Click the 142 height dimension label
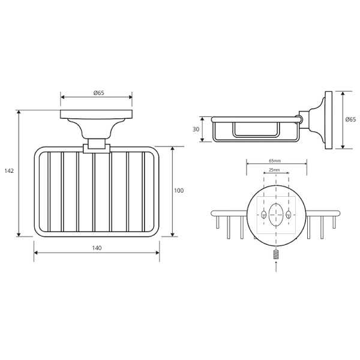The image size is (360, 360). point(9,171)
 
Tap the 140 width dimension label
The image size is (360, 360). point(97,248)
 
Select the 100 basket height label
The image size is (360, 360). point(179,190)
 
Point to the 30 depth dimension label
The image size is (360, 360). point(196,129)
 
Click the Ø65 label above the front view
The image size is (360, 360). point(99,93)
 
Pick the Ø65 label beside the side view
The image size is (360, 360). point(351,119)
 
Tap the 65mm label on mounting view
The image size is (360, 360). point(275,161)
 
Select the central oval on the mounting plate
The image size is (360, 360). point(276,215)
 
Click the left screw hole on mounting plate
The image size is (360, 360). point(263,215)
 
